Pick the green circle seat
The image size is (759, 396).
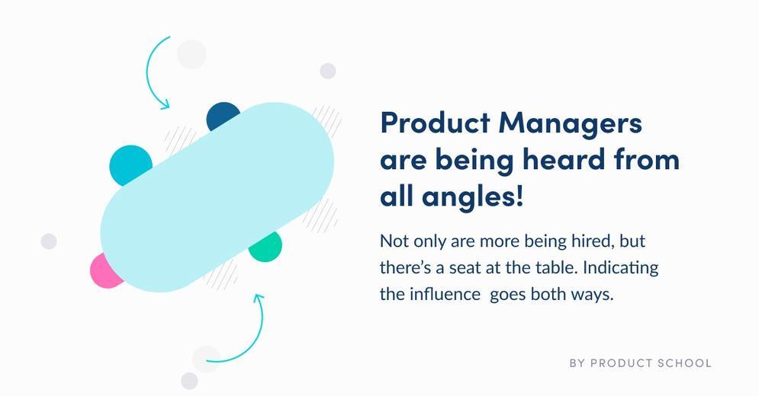click(x=267, y=248)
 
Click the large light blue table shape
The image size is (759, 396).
click(x=217, y=196)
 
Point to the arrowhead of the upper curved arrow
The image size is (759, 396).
click(x=166, y=104)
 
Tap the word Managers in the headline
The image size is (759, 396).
click(x=571, y=124)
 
